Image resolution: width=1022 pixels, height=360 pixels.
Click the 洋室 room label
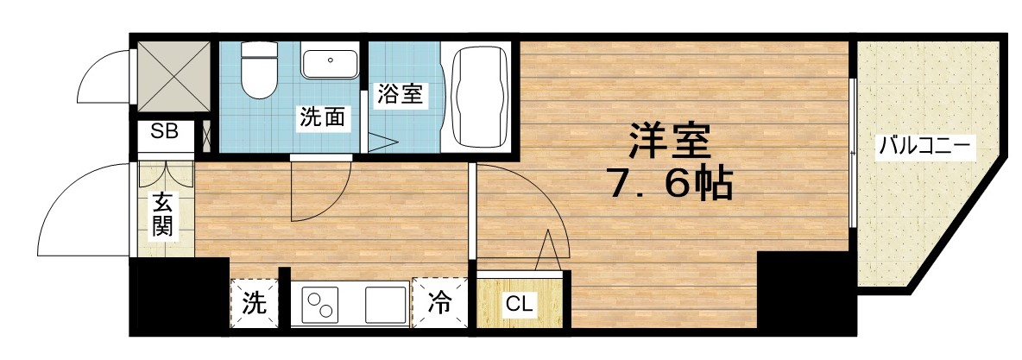click(669, 141)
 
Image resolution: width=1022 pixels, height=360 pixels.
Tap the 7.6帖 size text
click(671, 183)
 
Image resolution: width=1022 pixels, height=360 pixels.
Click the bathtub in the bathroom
click(479, 96)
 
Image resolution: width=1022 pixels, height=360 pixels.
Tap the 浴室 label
click(400, 95)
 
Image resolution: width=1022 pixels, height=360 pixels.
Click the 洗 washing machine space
click(255, 303)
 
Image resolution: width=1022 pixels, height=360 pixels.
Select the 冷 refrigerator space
click(440, 303)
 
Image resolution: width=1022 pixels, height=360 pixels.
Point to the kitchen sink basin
click(385, 305)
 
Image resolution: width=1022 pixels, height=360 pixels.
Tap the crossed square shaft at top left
click(173, 75)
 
